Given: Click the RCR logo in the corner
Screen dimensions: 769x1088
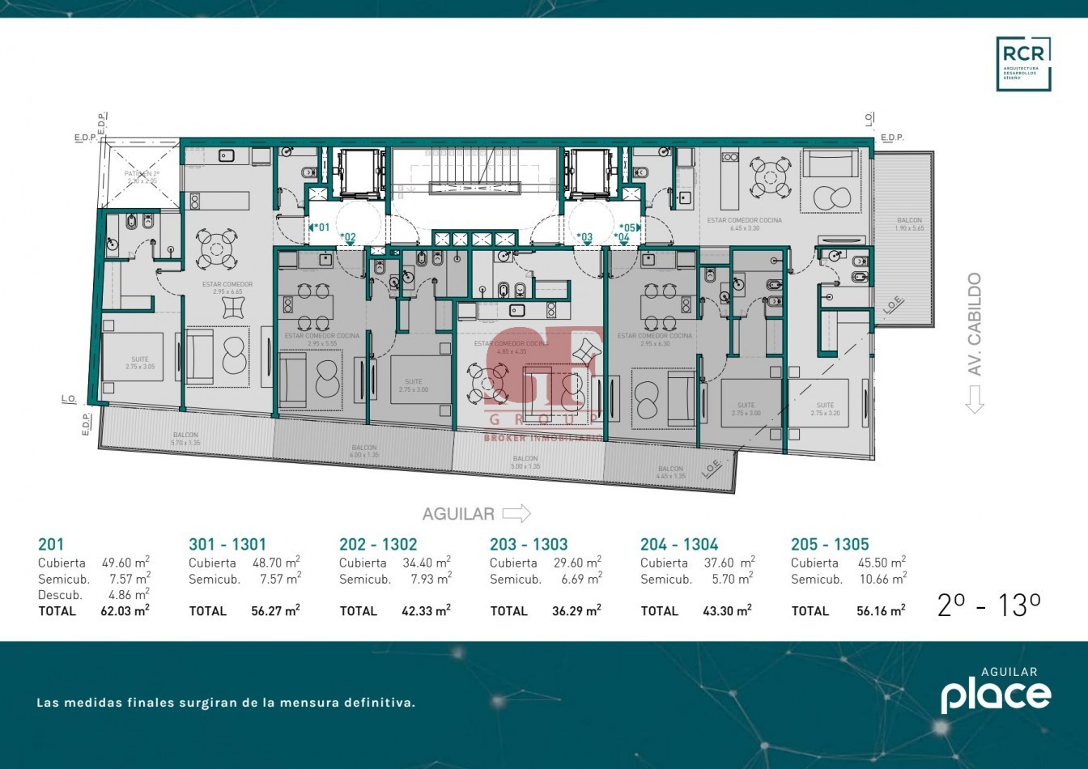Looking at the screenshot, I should point(1023,63).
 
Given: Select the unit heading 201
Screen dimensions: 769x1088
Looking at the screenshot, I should point(50,545).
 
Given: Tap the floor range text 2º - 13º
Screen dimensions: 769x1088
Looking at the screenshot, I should point(988,605).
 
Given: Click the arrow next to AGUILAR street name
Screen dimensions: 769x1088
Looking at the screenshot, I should point(516,513).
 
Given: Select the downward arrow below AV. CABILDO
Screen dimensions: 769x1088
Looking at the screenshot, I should point(974,399).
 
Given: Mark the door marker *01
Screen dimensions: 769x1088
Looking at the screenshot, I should point(321,227).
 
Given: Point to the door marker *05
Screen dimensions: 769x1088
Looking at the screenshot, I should point(628,227).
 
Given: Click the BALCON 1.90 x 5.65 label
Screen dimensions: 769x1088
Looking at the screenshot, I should point(909,224).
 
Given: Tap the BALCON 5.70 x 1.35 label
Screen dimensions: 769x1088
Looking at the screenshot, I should point(185,439).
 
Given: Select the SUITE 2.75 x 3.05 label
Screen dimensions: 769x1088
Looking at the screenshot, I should point(140,363).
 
